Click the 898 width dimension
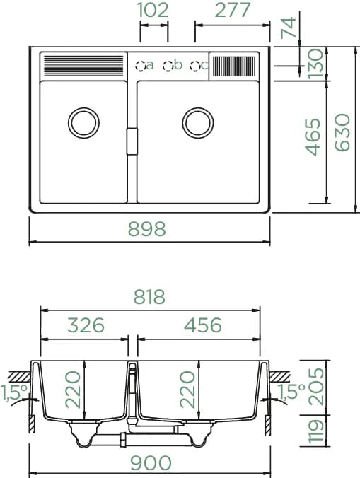pos(147,229)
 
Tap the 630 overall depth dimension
pos(342,133)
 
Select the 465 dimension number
pos(313,137)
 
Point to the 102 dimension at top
pos(153,10)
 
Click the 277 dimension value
pos(233,10)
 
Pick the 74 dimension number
pos(289,28)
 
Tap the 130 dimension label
pos(315,64)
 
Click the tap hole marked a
pos(140,66)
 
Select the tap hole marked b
pos(168,66)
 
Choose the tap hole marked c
pos(195,66)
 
